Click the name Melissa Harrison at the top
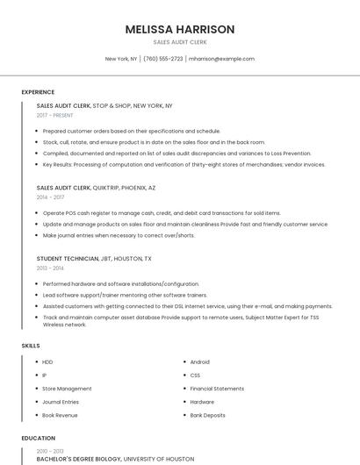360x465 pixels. tap(179, 29)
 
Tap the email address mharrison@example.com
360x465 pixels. tap(221, 59)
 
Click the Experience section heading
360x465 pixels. tap(38, 92)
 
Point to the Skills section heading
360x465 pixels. tap(31, 346)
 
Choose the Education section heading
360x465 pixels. tap(38, 437)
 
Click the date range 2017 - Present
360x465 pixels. tap(55, 115)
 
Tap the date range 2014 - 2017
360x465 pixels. tap(50, 197)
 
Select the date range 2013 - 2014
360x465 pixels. tap(50, 268)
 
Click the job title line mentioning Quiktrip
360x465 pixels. tap(97, 187)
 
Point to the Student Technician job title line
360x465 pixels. tap(94, 259)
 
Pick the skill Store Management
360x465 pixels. tap(67, 388)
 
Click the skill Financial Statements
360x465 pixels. tap(217, 388)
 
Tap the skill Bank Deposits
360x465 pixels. tap(208, 415)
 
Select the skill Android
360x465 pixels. tap(199, 361)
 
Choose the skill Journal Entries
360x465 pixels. tap(61, 402)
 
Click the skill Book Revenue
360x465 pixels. tap(61, 415)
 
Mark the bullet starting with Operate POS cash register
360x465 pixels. tap(162, 213)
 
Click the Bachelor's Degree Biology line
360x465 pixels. tap(115, 459)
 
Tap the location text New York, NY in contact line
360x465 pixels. tap(121, 59)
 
